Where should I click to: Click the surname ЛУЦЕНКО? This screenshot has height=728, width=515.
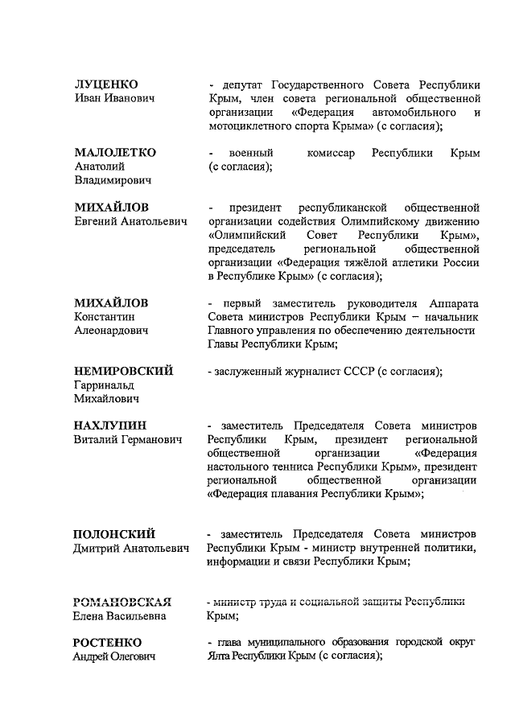click(x=106, y=84)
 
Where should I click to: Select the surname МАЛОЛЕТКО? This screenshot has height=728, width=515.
click(x=115, y=152)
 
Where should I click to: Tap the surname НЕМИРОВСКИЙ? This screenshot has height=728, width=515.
click(x=124, y=371)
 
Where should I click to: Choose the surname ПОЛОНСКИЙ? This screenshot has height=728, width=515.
click(x=115, y=534)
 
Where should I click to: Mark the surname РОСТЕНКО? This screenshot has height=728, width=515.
click(x=108, y=643)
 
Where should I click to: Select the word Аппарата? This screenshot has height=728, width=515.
click(x=451, y=302)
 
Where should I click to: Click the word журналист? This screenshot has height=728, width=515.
click(x=315, y=371)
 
